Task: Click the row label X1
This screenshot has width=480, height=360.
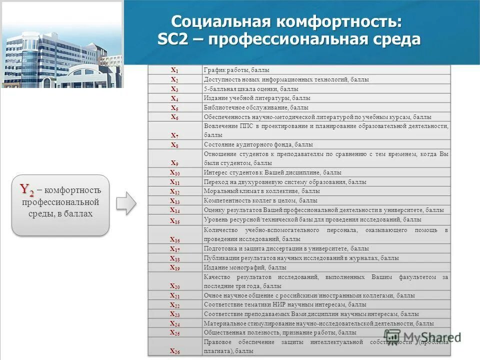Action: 174,70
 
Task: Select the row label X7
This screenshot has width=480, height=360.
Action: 174,135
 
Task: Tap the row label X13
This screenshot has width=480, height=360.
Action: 174,200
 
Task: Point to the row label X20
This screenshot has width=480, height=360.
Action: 174,286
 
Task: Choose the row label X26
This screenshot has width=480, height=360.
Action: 174,351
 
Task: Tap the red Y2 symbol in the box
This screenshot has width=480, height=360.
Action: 27,189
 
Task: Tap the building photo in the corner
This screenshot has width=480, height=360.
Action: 61,45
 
